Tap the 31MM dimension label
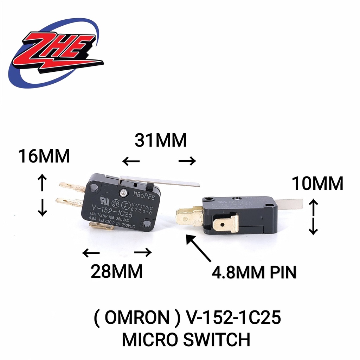pyautogui.click(x=160, y=141)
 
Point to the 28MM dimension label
pyautogui.click(x=117, y=271)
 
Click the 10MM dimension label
pyautogui.click(x=318, y=184)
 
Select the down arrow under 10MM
pyautogui.click(x=313, y=228)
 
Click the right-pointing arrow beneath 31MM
pyautogui.click(x=187, y=161)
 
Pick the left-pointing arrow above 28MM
pyautogui.click(x=90, y=252)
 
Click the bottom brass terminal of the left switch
pyautogui.click(x=102, y=227)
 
